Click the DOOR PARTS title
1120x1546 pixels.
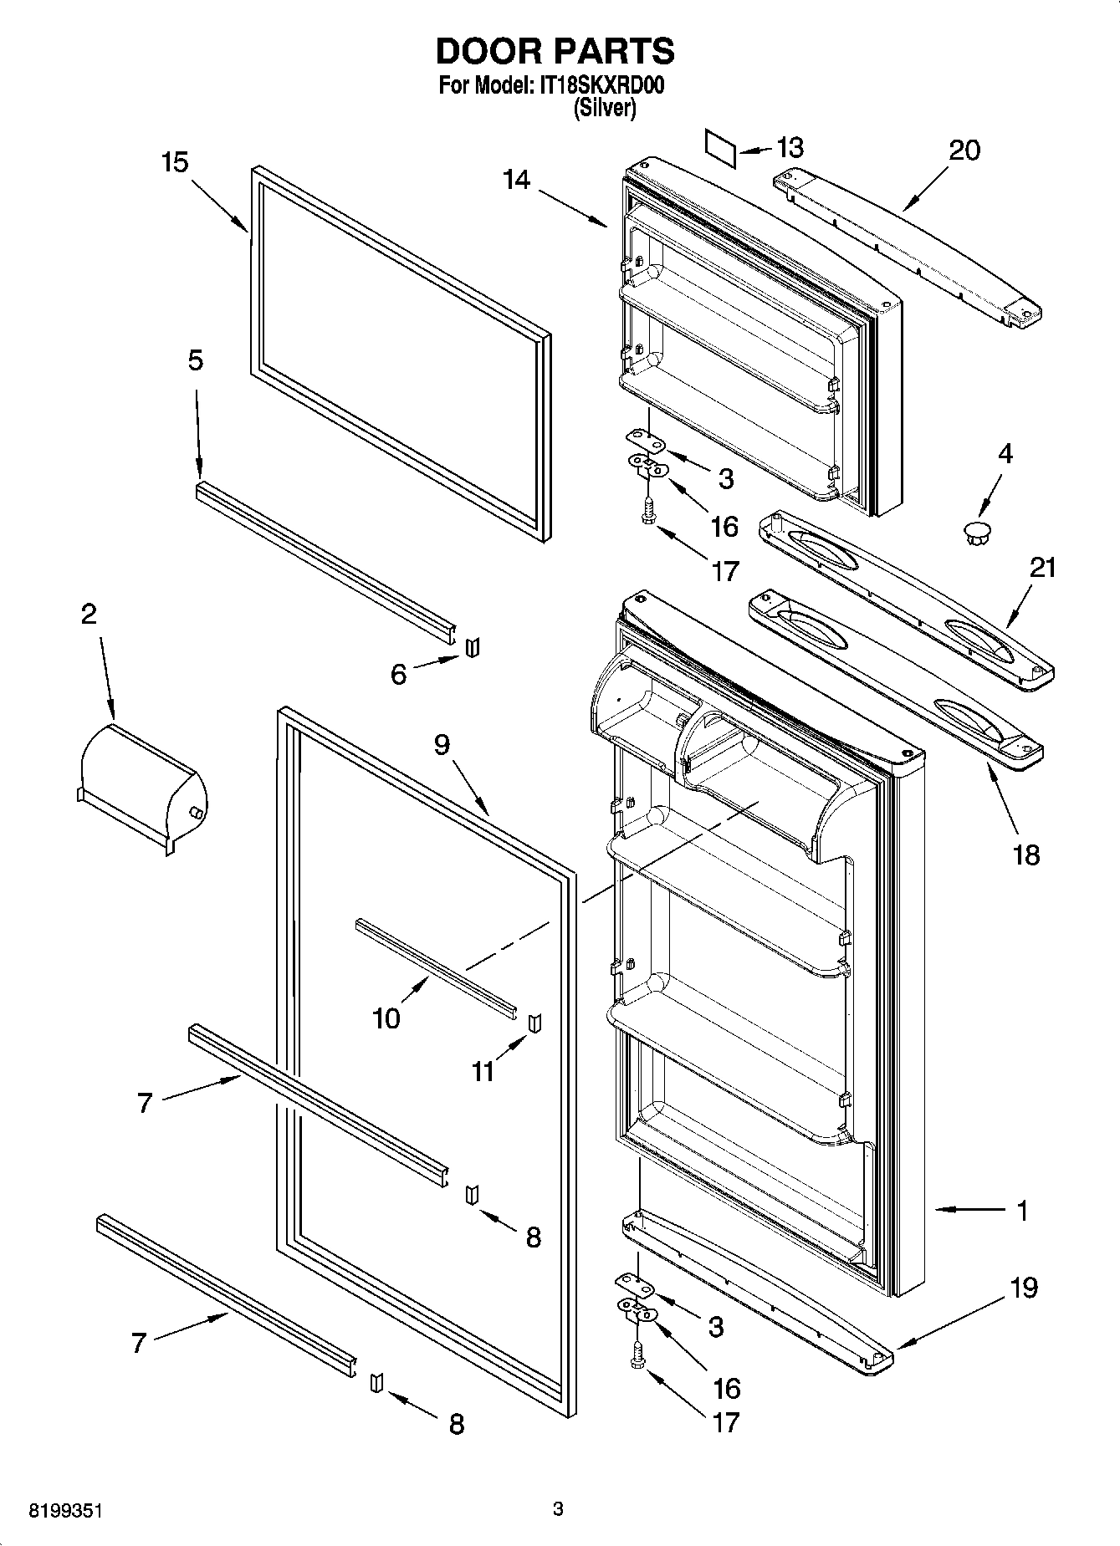point(555,52)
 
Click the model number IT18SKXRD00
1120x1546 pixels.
point(598,86)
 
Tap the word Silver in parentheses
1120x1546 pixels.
point(604,108)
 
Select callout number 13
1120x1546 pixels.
point(790,148)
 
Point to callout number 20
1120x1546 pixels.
point(964,151)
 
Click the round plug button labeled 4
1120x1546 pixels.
point(975,531)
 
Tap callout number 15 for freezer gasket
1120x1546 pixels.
point(175,162)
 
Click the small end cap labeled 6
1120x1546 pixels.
point(473,646)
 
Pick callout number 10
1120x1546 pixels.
point(386,1018)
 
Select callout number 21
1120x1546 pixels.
point(1042,568)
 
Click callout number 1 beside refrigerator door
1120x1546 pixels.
point(1022,1210)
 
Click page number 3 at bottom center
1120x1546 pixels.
point(559,1509)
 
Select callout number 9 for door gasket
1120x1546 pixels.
point(442,744)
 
